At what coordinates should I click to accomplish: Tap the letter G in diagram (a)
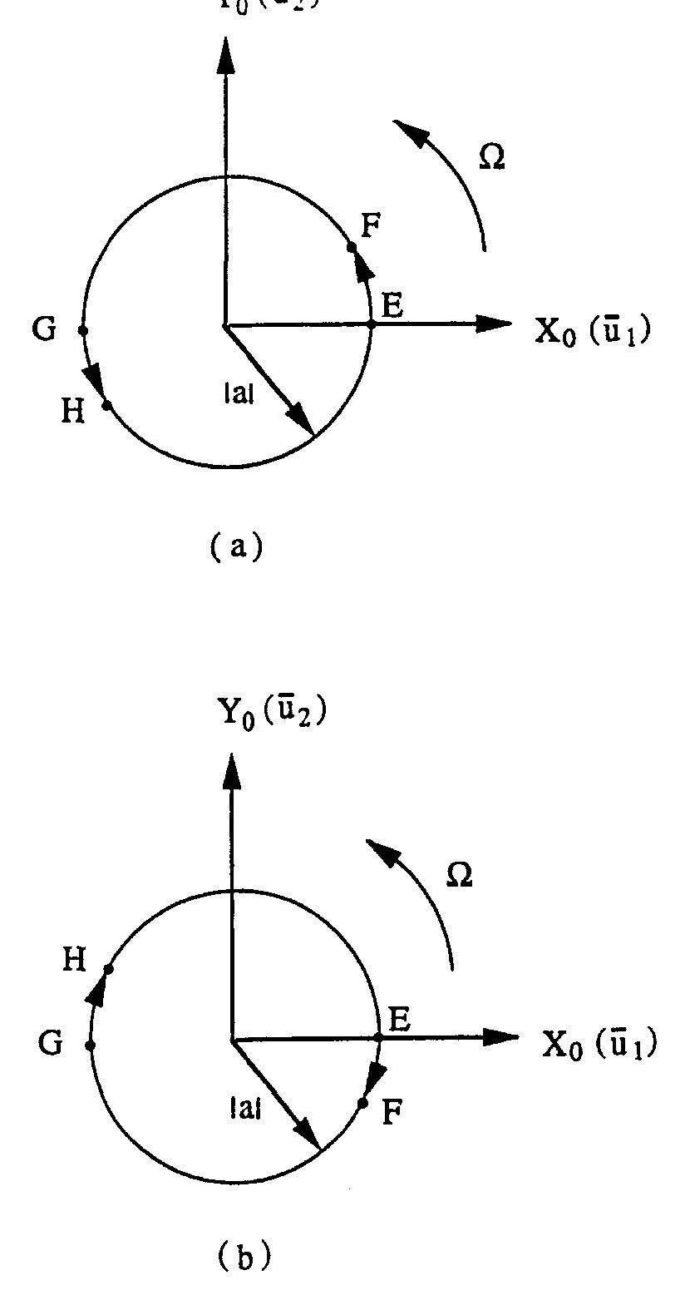pos(44,329)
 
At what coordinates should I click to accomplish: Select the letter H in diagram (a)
pos(73,411)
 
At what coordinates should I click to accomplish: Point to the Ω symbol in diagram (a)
pos(492,157)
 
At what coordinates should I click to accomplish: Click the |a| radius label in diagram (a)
pos(239,394)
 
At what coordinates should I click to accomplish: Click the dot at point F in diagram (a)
pos(352,247)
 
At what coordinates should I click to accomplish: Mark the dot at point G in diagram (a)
pos(82,330)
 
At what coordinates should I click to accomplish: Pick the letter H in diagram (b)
pos(75,961)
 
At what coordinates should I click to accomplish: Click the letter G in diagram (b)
pos(51,1043)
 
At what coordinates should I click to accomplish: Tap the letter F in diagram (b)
pos(392,1113)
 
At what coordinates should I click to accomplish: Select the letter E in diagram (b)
pos(399,1020)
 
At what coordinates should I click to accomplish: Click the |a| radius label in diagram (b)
pos(246,1108)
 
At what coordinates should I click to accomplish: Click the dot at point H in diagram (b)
pos(109,969)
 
